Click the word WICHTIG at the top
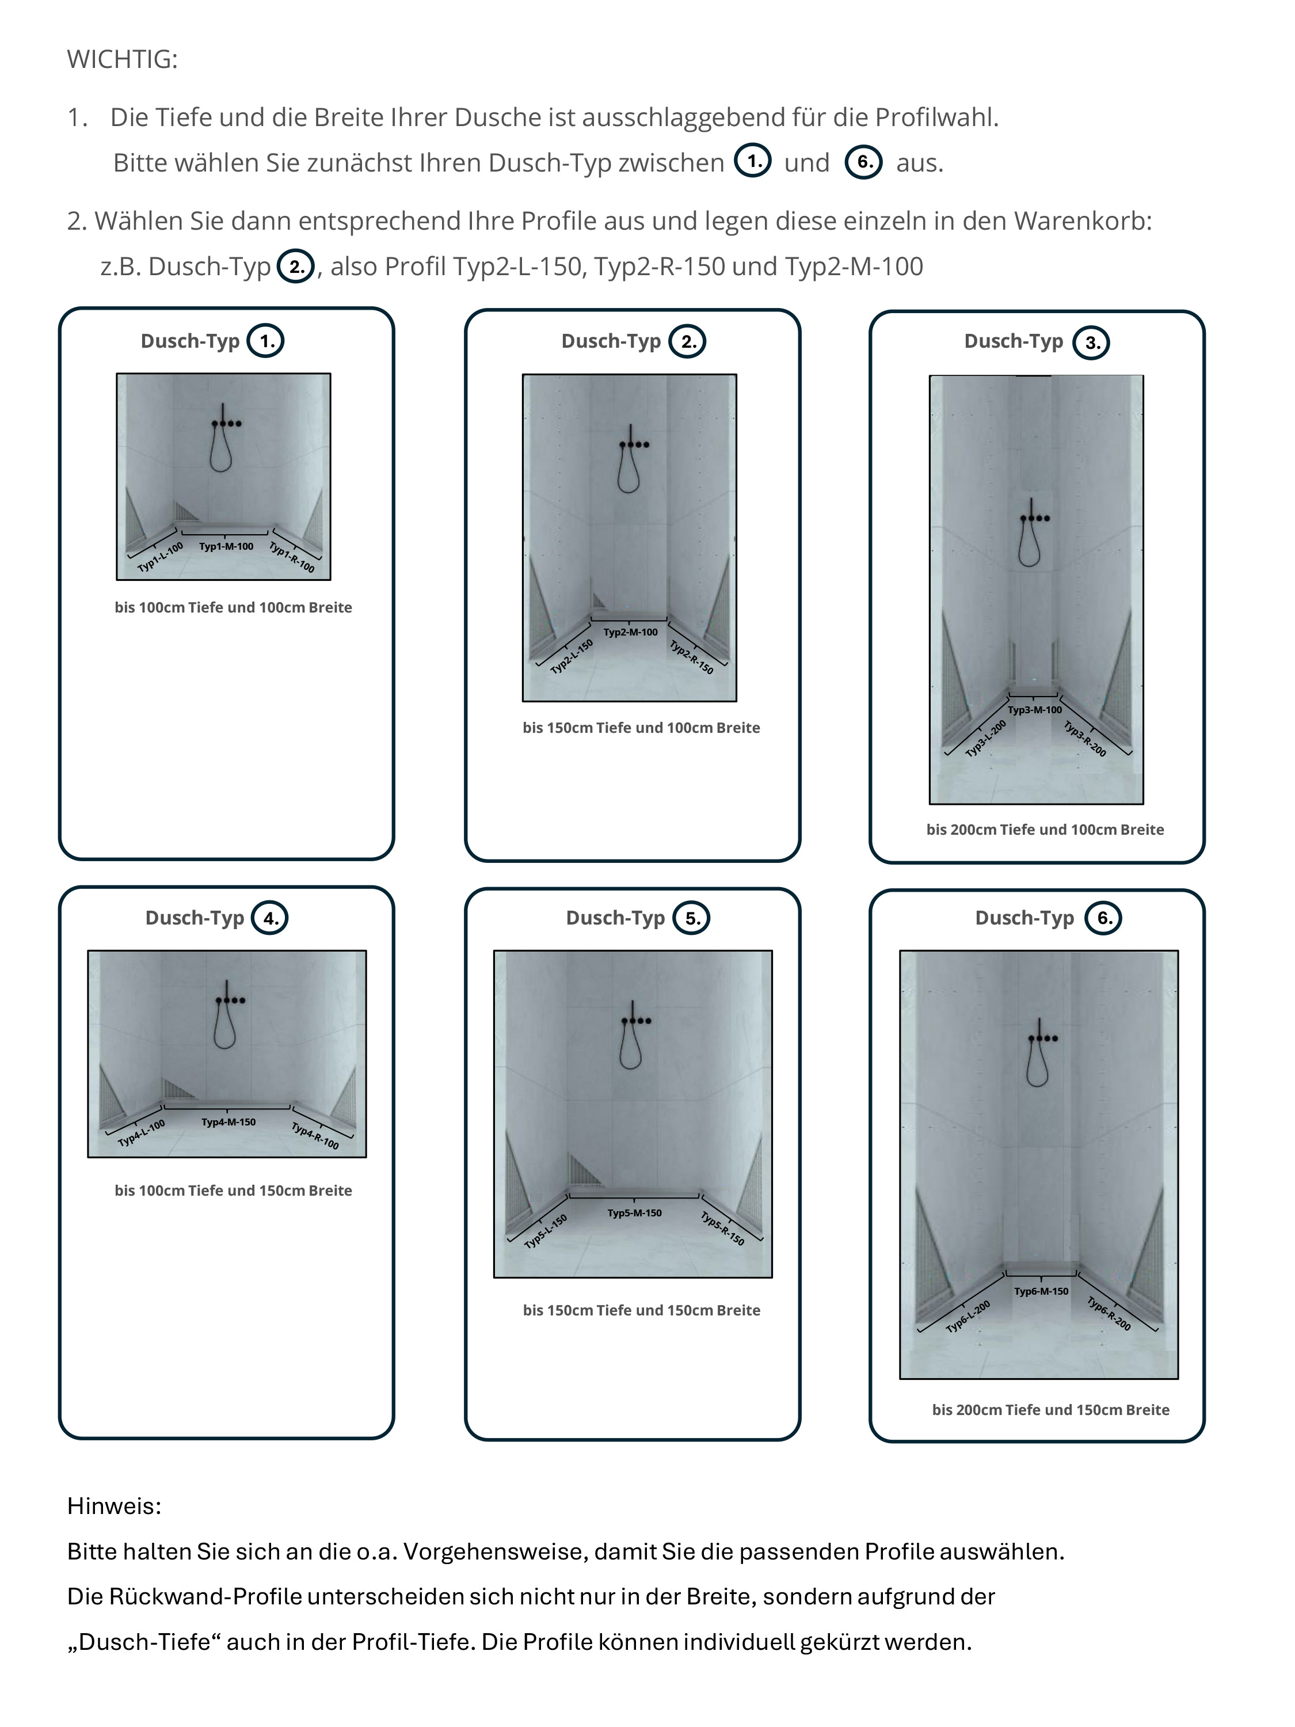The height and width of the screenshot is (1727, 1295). tap(122, 60)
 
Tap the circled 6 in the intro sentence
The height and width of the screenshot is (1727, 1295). tap(863, 162)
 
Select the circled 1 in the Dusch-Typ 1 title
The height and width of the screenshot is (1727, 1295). tap(265, 341)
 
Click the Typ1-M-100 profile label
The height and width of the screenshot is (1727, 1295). tap(226, 546)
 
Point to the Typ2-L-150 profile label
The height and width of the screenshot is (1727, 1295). tap(572, 657)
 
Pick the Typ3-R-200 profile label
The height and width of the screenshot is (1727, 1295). tap(1085, 739)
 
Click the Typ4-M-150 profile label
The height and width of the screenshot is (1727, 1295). tap(228, 1122)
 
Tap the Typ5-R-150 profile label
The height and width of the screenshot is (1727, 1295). tap(722, 1228)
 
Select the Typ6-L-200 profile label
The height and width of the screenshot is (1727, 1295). tap(968, 1317)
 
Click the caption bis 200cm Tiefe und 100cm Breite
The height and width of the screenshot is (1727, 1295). tap(1045, 830)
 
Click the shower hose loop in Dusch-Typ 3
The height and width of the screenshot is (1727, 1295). tap(1030, 546)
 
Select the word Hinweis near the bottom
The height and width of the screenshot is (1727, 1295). tap(114, 1506)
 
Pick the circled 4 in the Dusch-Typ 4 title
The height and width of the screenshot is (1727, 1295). tap(269, 918)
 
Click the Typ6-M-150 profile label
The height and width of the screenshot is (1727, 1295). tap(1041, 1291)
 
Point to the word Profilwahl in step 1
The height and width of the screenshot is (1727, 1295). tap(936, 118)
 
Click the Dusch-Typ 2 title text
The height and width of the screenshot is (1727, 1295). tap(611, 341)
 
